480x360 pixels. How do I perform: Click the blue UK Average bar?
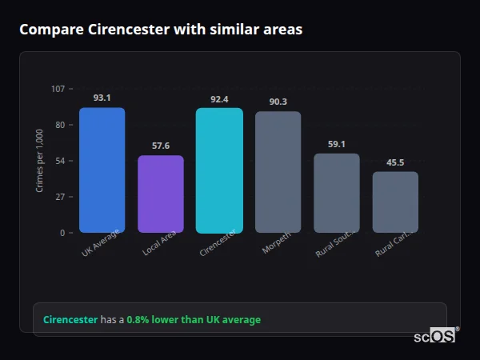(102, 170)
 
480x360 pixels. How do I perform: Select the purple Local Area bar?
(160, 194)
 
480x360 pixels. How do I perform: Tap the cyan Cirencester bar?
(219, 170)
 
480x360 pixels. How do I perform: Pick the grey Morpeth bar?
(278, 172)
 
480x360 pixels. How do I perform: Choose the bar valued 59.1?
(336, 193)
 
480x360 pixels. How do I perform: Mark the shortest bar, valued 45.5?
(395, 202)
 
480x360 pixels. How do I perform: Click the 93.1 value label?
(102, 98)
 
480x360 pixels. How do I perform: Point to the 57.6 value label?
(160, 146)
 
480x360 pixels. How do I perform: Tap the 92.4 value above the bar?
(219, 99)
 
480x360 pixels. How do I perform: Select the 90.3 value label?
(278, 102)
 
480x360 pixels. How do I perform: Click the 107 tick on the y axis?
(58, 89)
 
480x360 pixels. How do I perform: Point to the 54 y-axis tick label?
(60, 161)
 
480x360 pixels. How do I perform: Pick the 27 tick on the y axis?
(60, 197)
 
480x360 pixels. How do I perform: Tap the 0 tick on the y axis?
(62, 233)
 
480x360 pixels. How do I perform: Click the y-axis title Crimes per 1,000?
(40, 161)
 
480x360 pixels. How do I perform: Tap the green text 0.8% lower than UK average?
(194, 320)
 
